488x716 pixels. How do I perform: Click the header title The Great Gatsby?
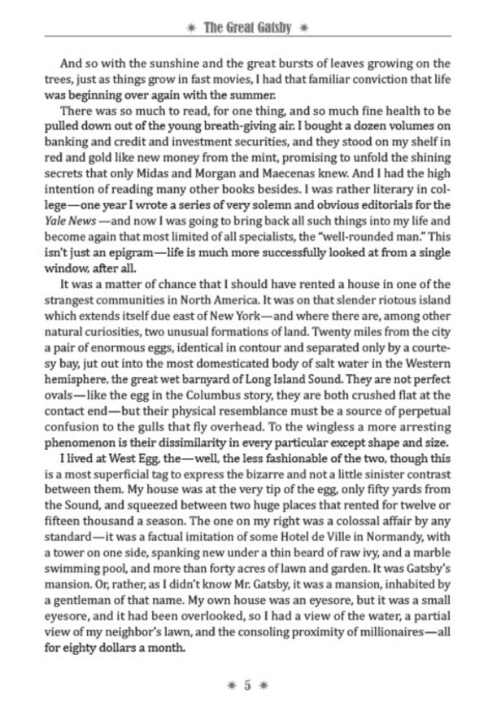point(245,27)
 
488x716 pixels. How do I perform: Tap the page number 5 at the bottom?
point(246,684)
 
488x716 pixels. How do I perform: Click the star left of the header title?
point(190,28)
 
